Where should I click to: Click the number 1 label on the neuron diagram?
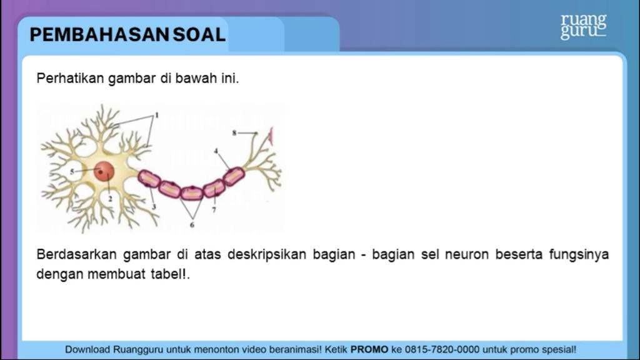click(x=156, y=116)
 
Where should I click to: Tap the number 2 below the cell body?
click(x=110, y=199)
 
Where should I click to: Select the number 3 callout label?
click(x=154, y=207)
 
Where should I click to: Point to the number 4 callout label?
click(x=216, y=151)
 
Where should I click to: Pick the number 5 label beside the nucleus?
click(x=72, y=172)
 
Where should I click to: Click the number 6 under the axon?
click(x=192, y=225)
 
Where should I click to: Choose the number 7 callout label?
click(x=214, y=210)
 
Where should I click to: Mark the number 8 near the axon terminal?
click(x=234, y=132)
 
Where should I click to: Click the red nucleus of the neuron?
click(x=104, y=171)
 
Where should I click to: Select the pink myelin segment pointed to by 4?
click(x=234, y=176)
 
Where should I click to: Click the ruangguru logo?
click(x=584, y=27)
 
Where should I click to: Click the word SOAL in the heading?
click(x=199, y=35)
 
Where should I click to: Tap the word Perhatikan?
click(x=70, y=78)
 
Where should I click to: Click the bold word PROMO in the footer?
click(x=369, y=350)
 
